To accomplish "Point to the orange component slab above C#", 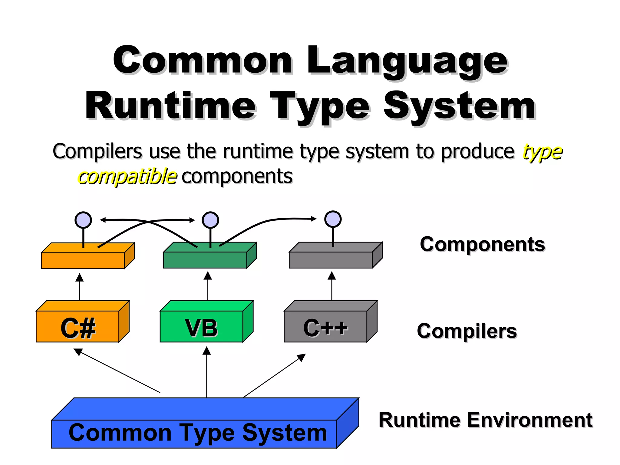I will click(x=83, y=260).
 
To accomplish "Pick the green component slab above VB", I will click(x=205, y=259).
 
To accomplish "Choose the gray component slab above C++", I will click(x=331, y=259).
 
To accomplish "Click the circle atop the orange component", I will click(x=83, y=220).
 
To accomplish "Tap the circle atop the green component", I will click(x=210, y=220).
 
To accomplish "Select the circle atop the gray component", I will click(x=333, y=219).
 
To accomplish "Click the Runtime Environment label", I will click(x=485, y=420).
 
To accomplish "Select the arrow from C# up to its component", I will click(x=80, y=288).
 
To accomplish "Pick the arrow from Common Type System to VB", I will click(x=207, y=372).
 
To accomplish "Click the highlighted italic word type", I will click(x=542, y=151).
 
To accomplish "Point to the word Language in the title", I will click(x=407, y=61).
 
